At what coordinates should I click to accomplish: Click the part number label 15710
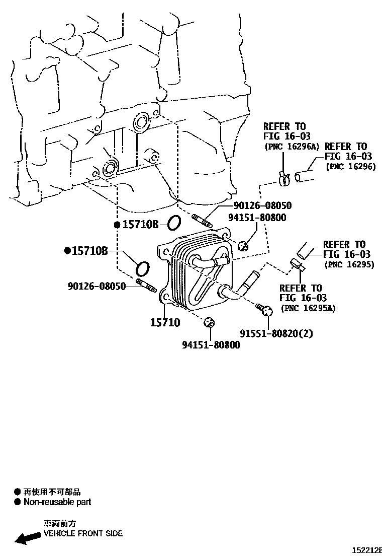click(x=165, y=322)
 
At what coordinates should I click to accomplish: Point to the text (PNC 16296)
click(x=350, y=166)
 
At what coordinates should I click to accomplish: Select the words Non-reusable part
click(x=57, y=502)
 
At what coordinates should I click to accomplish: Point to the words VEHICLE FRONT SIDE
click(x=83, y=533)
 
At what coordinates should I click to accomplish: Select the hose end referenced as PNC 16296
click(x=304, y=177)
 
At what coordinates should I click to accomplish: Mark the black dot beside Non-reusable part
click(x=18, y=502)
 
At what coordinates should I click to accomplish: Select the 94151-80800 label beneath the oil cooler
click(x=211, y=345)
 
